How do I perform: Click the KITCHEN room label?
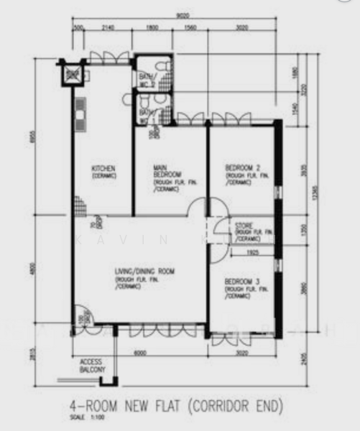(x=103, y=170)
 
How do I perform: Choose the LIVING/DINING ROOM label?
(x=144, y=271)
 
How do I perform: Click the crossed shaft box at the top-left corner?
(x=73, y=75)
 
